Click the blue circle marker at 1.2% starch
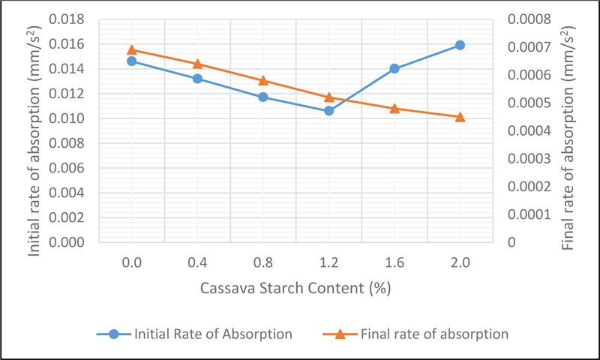click(328, 110)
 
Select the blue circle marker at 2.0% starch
click(460, 45)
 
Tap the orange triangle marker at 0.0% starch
click(131, 49)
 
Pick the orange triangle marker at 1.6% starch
click(394, 108)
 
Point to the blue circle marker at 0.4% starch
click(197, 78)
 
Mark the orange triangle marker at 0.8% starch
click(263, 80)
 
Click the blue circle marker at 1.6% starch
click(394, 68)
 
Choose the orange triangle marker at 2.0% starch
click(460, 116)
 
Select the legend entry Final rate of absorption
click(424, 334)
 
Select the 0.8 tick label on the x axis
click(263, 262)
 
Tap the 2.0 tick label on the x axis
click(460, 262)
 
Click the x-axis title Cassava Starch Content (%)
click(295, 288)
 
